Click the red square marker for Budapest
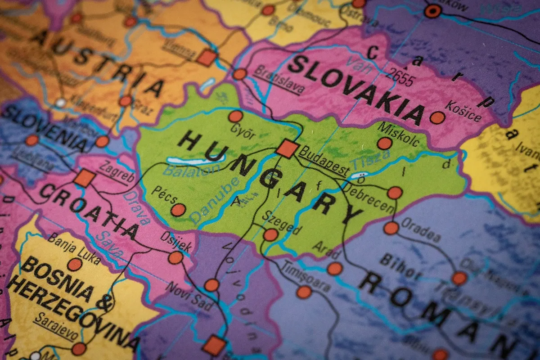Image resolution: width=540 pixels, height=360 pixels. [287, 148]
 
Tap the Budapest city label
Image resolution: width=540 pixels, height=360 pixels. [324, 161]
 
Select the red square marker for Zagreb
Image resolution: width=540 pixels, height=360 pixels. [84, 178]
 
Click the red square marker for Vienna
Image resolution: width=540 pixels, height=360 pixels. [207, 58]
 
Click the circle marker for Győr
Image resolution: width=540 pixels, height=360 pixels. [235, 117]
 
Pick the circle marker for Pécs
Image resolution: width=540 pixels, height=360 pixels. [178, 210]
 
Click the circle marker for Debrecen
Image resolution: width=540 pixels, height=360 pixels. [395, 193]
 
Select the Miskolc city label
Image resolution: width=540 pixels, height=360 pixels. [399, 133]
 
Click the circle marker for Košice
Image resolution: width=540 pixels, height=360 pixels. [437, 118]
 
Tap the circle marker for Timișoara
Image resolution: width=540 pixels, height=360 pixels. [304, 292]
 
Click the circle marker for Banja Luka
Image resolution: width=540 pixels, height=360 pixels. [75, 264]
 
